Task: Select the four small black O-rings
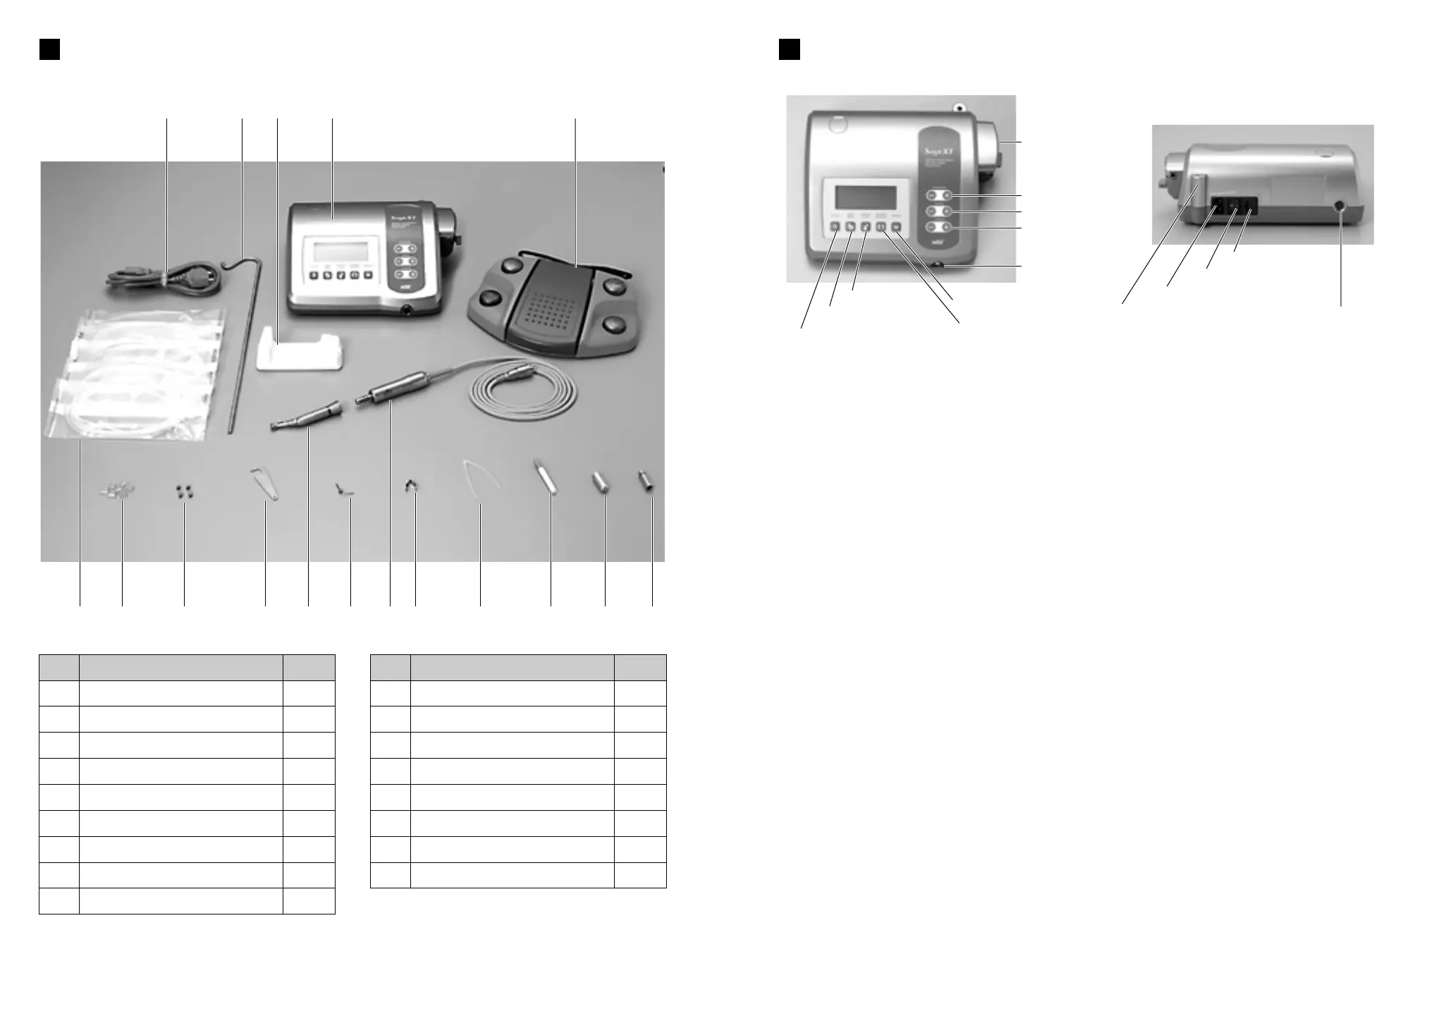pyautogui.click(x=184, y=491)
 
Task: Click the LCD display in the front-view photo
pyautogui.click(x=866, y=197)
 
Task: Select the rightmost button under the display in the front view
pyautogui.click(x=896, y=227)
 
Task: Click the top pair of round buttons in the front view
pyautogui.click(x=939, y=195)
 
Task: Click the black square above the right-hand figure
pyautogui.click(x=789, y=49)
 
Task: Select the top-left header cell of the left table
pyautogui.click(x=59, y=667)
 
